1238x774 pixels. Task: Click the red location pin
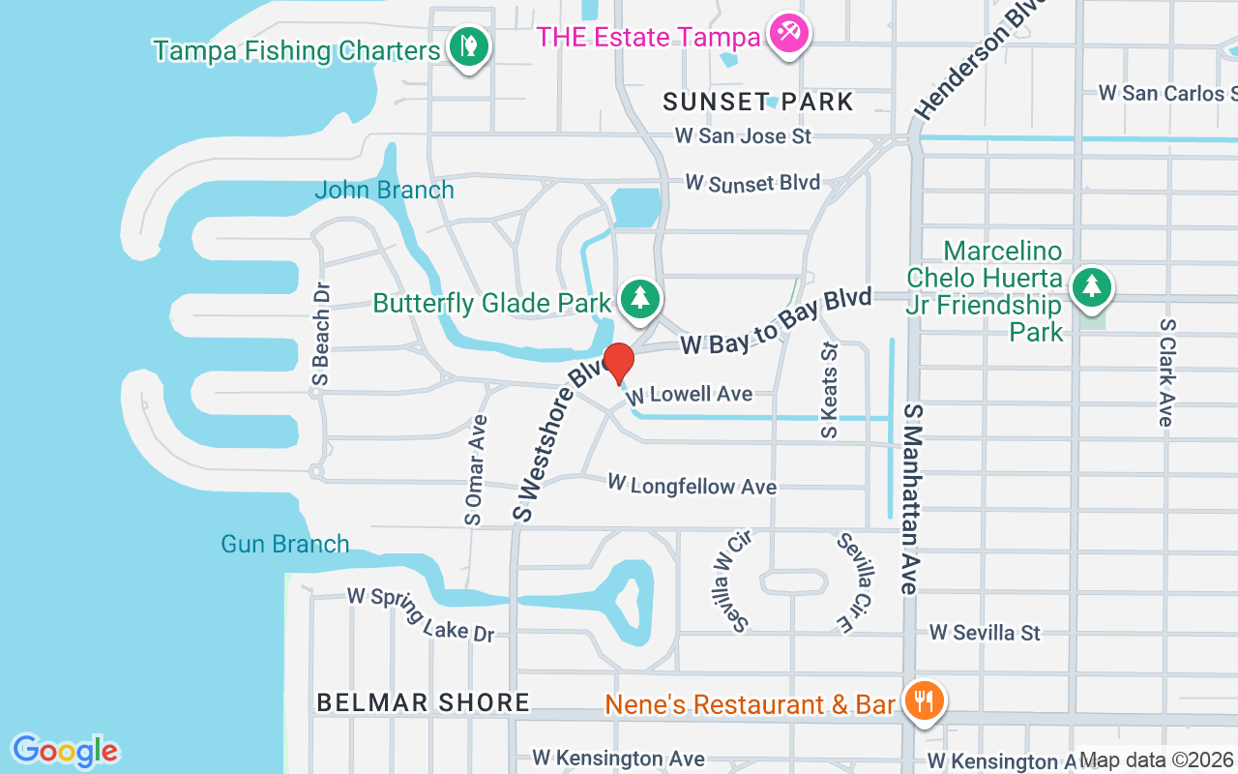(x=618, y=363)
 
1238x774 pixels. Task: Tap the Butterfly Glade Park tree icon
(x=638, y=296)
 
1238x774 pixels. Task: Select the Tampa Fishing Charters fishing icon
(x=469, y=45)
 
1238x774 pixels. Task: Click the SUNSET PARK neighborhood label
(x=759, y=102)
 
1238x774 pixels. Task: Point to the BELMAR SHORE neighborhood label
(x=424, y=702)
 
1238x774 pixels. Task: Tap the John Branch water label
(x=384, y=190)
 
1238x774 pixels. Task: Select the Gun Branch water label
(x=285, y=544)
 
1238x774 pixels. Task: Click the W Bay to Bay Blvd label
(x=776, y=321)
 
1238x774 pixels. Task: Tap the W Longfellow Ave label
(x=692, y=484)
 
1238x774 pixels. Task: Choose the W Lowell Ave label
(x=689, y=395)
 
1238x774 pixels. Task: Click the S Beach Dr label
(x=322, y=335)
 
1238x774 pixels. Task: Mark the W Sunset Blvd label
(x=752, y=182)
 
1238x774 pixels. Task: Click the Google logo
(x=65, y=751)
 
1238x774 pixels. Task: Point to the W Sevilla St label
(x=985, y=633)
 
